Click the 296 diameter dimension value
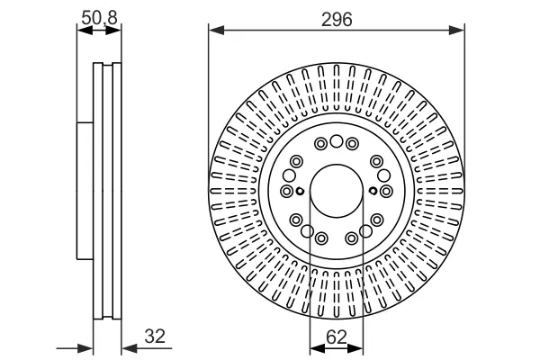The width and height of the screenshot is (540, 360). click(337, 19)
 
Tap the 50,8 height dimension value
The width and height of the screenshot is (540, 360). click(100, 18)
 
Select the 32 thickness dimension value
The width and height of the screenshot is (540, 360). click(155, 337)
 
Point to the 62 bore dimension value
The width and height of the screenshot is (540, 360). click(337, 337)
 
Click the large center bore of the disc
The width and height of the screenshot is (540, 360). click(337, 191)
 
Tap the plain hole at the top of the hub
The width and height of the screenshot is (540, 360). click(337, 141)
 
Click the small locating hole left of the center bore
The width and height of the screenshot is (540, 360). click(300, 191)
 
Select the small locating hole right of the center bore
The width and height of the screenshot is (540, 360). click(373, 191)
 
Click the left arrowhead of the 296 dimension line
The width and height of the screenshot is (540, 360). click(216, 31)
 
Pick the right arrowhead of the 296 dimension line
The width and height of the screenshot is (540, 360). click(456, 31)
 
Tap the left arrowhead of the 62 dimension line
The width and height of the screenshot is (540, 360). click(318, 348)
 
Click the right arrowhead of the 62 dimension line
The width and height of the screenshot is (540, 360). click(355, 348)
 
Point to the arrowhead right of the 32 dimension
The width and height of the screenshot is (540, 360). click(130, 348)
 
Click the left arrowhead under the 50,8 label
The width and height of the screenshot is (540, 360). click(85, 31)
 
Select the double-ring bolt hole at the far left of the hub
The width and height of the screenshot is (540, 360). click(286, 191)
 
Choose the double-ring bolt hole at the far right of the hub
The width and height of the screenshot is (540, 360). click(386, 191)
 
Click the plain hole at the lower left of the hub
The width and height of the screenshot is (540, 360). click(307, 231)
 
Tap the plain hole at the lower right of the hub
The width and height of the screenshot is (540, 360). click(365, 231)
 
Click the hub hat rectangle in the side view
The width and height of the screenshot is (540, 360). click(85, 190)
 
